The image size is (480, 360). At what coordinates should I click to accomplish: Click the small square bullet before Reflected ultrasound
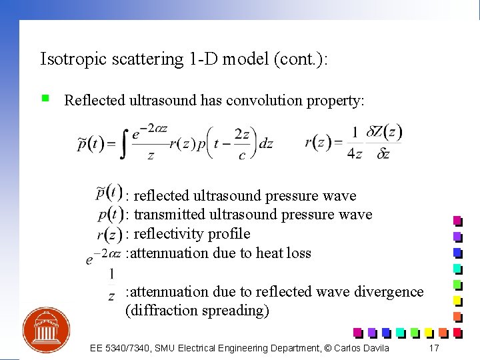pos(45,99)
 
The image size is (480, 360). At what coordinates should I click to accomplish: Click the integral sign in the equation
pos(123,141)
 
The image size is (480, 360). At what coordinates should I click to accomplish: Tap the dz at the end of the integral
pos(265,143)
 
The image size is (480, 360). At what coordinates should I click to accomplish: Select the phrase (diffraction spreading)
pos(197,311)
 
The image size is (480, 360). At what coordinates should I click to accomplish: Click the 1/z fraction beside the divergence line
pos(111,283)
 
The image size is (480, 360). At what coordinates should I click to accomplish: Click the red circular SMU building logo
pos(47,330)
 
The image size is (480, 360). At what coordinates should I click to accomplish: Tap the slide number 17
pos(433,348)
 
